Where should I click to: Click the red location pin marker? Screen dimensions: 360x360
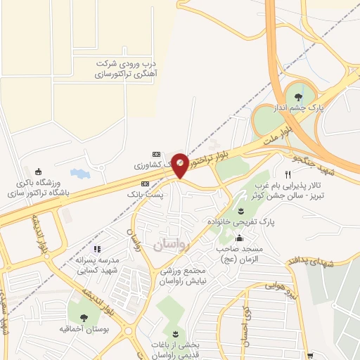181,165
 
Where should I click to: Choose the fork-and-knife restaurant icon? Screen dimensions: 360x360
287,174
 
